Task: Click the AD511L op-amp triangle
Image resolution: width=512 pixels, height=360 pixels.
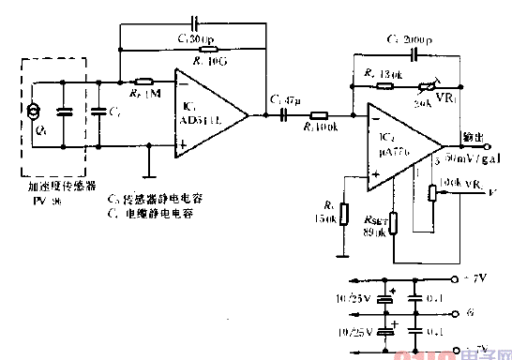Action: coord(208,113)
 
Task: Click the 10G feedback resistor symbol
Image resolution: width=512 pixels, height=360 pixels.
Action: coord(204,48)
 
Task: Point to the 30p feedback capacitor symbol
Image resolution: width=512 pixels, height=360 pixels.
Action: coord(195,20)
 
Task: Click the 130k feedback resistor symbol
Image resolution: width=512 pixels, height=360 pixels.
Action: coord(384,82)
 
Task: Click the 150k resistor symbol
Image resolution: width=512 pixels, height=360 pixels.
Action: coord(343,214)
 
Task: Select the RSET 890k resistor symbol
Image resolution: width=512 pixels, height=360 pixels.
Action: coord(395,222)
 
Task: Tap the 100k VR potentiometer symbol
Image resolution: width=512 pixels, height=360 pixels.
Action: coord(432,193)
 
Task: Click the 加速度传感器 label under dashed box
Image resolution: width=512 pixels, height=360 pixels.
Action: coord(58,188)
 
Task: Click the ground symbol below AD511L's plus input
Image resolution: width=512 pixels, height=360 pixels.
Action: coord(148,174)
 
